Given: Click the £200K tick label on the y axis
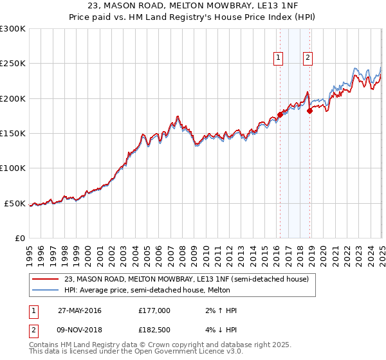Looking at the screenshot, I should (x=12, y=98).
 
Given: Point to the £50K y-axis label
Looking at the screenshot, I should (x=15, y=203).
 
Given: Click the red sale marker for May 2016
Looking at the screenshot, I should (x=280, y=114).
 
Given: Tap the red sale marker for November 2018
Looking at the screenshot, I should (x=309, y=111).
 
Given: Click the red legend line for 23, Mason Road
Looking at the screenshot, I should (x=45, y=279).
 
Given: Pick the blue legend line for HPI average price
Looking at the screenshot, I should (x=45, y=290).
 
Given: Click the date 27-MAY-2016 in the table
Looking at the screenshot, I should (x=79, y=310).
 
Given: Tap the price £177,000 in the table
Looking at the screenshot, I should (x=154, y=310).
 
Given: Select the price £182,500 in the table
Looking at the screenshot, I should (x=154, y=330).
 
